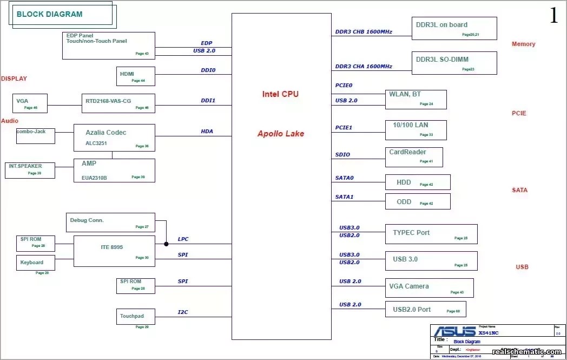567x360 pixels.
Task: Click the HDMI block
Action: (135, 76)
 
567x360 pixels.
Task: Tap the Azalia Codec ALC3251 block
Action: (114, 138)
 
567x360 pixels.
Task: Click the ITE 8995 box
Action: (114, 251)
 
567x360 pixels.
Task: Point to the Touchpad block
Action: (135, 316)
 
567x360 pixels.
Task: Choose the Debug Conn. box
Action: (110, 222)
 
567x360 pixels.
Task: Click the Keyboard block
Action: (35, 263)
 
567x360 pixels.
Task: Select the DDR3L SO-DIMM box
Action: (454, 63)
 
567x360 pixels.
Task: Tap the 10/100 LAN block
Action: (416, 130)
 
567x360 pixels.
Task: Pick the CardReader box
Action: (413, 157)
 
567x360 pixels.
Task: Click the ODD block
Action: (417, 201)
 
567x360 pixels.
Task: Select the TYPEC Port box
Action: (431, 234)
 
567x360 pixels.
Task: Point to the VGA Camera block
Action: (429, 288)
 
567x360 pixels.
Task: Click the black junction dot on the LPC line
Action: (166, 244)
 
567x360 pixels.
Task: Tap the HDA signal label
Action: (207, 132)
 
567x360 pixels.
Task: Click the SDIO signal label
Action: (342, 155)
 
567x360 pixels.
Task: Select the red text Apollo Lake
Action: (281, 134)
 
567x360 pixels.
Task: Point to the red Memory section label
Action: (523, 44)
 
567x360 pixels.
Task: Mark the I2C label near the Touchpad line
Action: (183, 312)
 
